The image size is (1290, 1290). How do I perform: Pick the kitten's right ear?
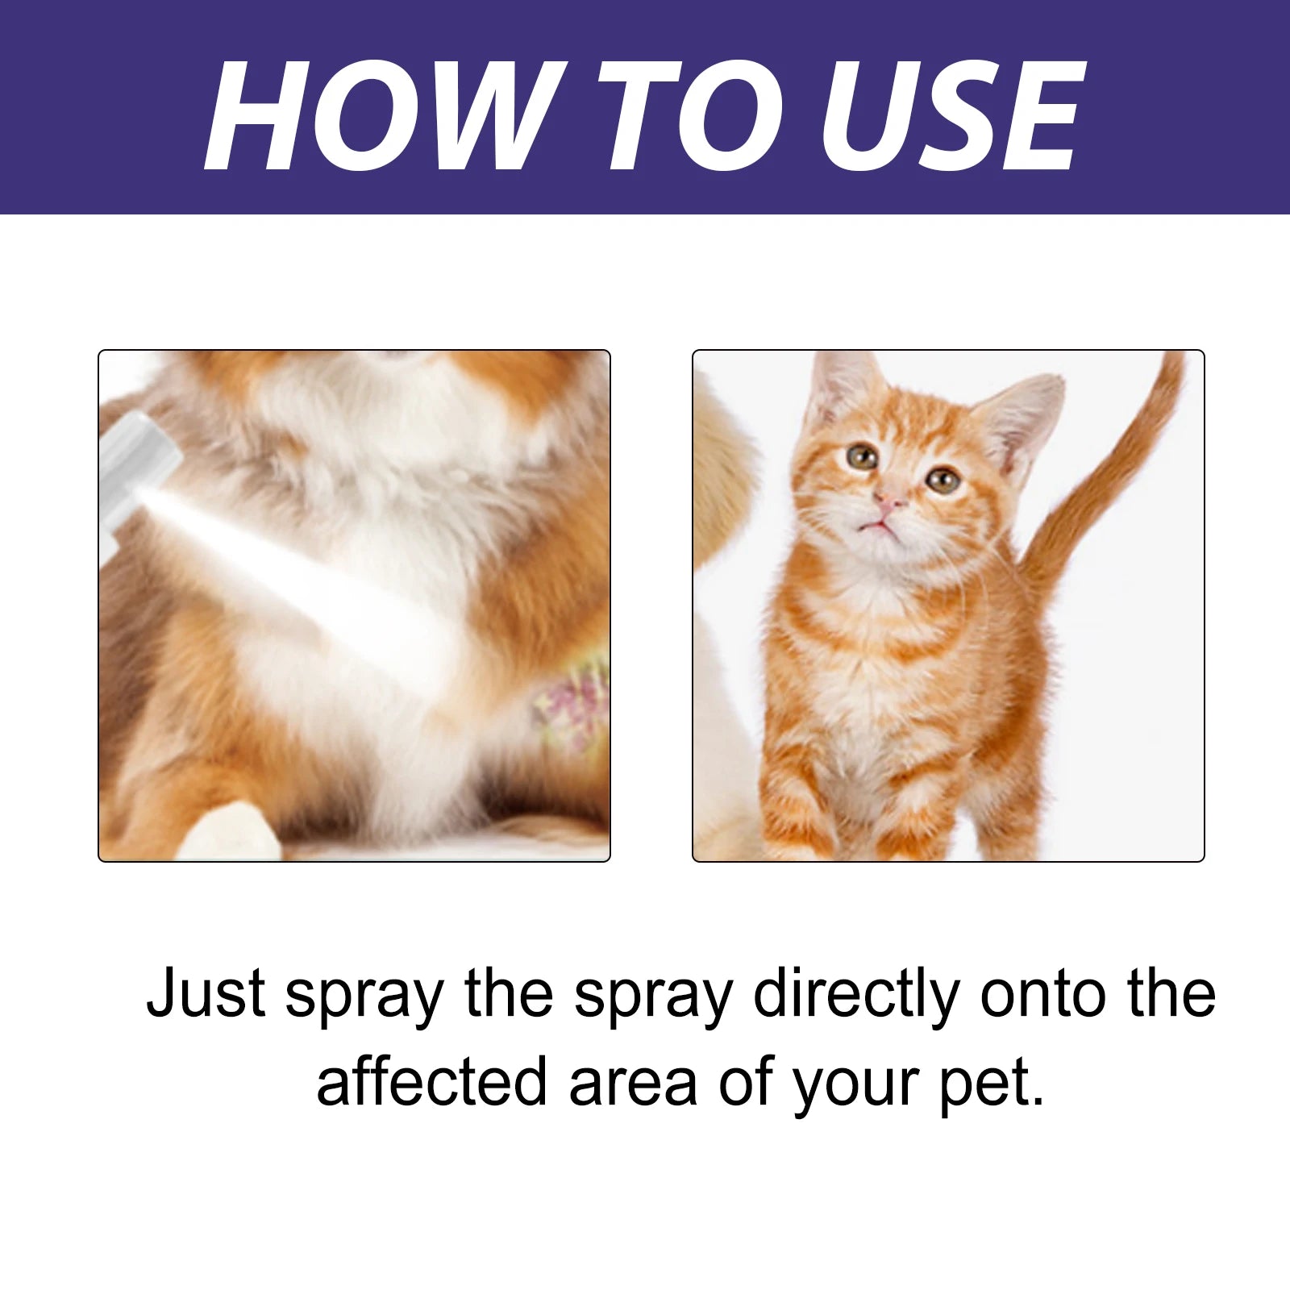click(1024, 419)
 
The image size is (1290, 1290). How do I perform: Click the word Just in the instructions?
click(206, 993)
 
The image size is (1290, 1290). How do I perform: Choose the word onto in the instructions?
click(1042, 993)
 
